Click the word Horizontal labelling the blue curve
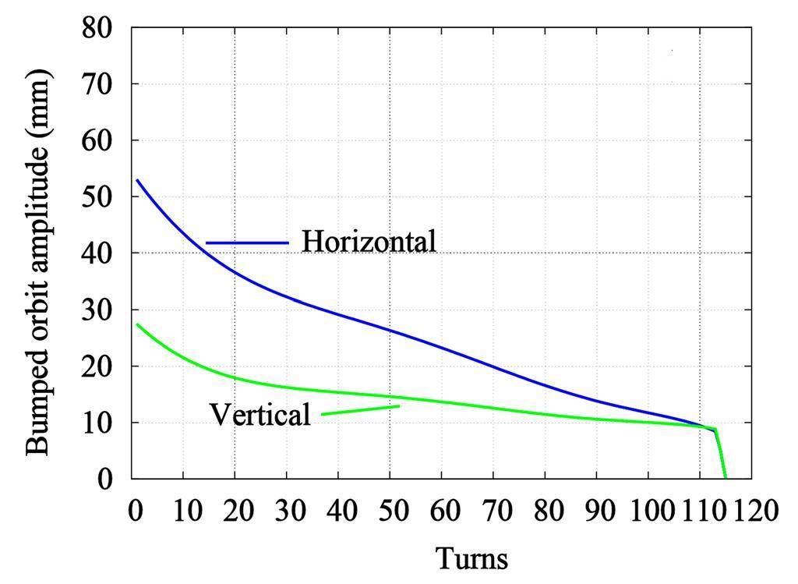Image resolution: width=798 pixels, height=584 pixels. [369, 241]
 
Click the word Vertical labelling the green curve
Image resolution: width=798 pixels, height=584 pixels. [260, 414]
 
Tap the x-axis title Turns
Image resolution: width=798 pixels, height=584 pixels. [471, 558]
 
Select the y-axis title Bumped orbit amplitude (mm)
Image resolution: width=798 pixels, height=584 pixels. [38, 262]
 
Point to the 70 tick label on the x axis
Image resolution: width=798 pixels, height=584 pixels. [493, 511]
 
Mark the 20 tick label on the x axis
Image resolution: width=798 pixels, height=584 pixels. [235, 511]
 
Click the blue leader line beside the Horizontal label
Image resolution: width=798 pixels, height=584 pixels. [247, 242]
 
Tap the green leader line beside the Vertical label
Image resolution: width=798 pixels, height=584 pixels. [360, 409]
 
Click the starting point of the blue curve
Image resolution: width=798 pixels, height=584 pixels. [137, 181]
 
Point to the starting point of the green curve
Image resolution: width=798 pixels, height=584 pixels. [137, 324]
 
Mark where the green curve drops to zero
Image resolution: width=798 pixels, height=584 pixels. [725, 477]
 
